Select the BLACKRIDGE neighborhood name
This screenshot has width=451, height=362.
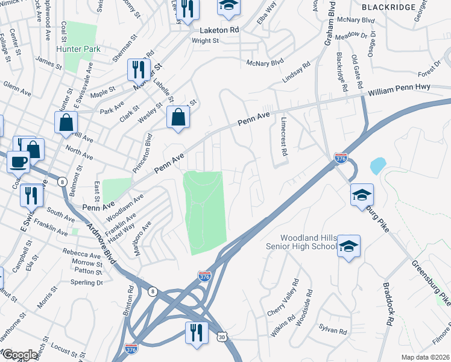pyautogui.click(x=388, y=7)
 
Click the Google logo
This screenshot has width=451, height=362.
pyautogui.click(x=19, y=355)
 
